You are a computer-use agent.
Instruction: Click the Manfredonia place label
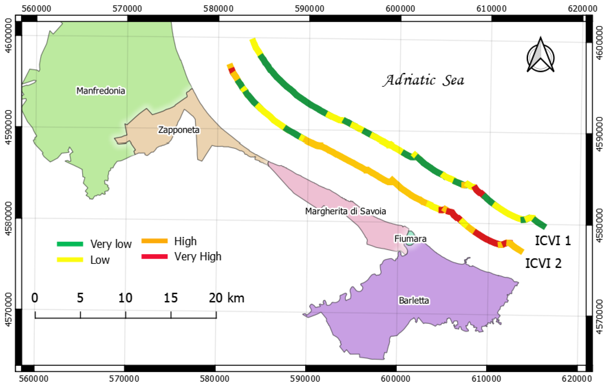[101, 90]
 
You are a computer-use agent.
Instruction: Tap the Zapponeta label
[179, 130]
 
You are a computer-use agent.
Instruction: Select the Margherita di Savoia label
[345, 211]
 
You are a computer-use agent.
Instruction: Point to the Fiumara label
[410, 239]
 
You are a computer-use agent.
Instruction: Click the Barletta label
[414, 300]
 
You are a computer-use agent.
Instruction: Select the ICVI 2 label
[543, 263]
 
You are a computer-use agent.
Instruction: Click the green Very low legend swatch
[70, 244]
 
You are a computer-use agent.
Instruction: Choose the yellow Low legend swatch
[70, 260]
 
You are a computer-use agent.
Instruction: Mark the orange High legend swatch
[155, 241]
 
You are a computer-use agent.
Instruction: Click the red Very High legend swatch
[155, 257]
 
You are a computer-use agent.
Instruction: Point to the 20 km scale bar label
[227, 298]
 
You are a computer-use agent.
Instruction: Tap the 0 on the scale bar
[35, 298]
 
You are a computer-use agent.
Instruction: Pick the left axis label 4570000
[9, 309]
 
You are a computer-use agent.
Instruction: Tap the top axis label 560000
[36, 9]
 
